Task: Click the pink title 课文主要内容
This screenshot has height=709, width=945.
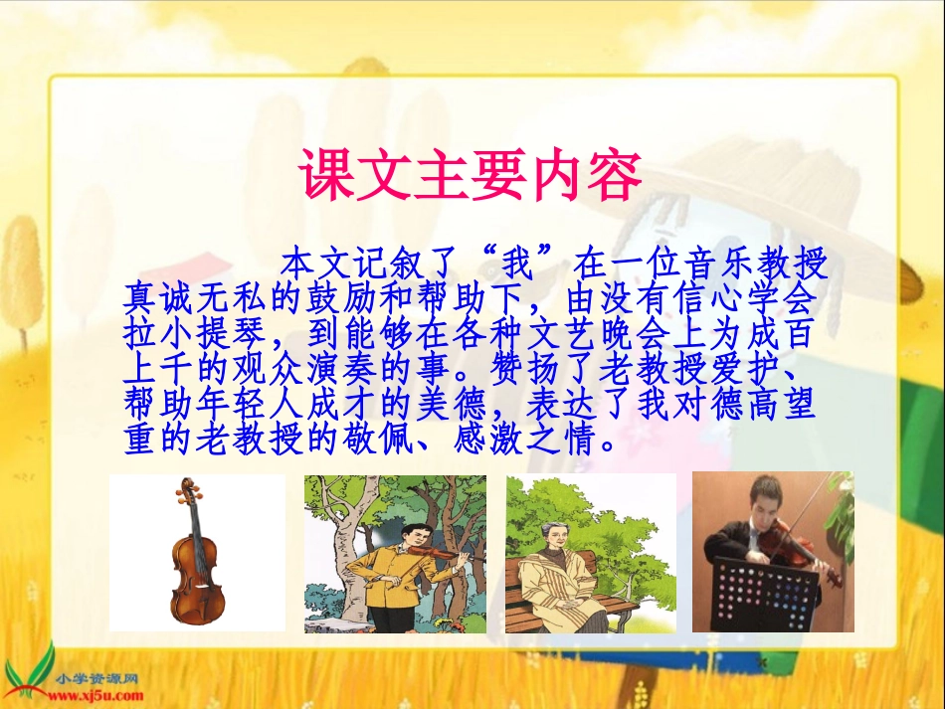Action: coord(471,178)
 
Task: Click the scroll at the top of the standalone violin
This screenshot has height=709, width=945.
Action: coord(186,486)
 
